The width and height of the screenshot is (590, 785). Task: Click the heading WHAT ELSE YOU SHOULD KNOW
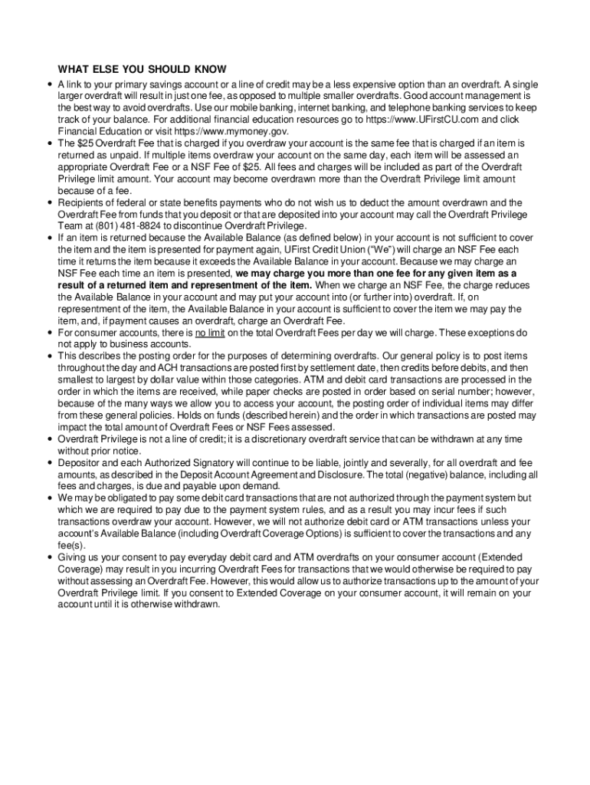[142, 70]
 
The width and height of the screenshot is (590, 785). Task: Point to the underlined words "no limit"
[209, 333]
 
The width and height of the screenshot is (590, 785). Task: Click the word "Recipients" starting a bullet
[80, 202]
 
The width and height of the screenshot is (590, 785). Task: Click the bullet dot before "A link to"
[49, 84]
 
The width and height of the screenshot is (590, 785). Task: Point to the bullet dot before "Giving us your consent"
[49, 557]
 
